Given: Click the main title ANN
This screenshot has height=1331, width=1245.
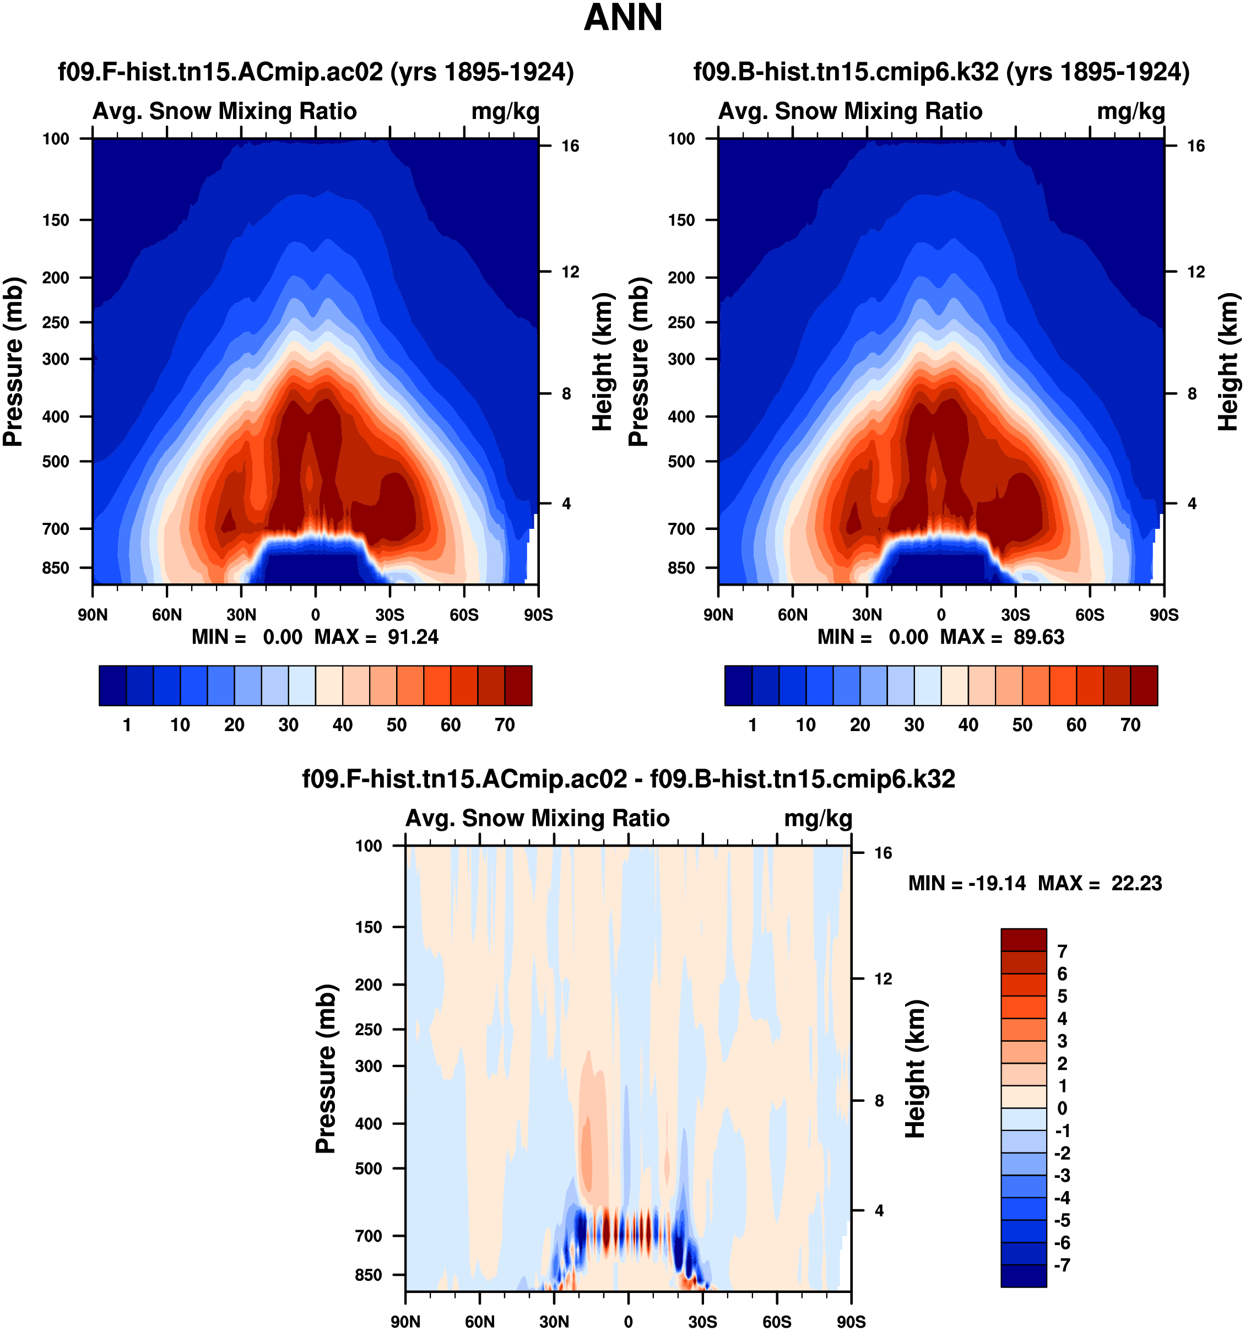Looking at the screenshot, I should click(622, 18).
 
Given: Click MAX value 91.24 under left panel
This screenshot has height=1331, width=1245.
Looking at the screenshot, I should click(413, 637).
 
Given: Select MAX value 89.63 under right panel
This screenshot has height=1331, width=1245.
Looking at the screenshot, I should click(1038, 637).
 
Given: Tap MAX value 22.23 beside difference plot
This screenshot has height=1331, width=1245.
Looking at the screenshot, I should click(1136, 884).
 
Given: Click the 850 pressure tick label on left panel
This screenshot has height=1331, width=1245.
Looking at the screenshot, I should click(56, 568).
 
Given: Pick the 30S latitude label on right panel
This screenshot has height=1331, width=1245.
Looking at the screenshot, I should click(1015, 615).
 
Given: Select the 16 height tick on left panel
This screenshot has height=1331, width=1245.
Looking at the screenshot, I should click(570, 146).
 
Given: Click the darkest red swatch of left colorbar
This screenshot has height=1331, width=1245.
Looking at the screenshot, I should click(518, 685).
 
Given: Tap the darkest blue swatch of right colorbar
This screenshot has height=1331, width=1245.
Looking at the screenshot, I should click(738, 685).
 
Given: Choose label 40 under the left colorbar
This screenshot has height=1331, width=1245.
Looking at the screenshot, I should click(343, 725).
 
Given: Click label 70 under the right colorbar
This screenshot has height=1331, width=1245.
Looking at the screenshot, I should click(1130, 725).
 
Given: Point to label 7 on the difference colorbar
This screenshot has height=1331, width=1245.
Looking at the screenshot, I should click(1062, 951).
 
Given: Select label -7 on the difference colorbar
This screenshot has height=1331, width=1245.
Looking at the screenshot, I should click(1062, 1265).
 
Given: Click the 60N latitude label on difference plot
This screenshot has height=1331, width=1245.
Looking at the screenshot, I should click(480, 1322).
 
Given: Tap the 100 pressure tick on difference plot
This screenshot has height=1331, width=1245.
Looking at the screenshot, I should click(368, 846).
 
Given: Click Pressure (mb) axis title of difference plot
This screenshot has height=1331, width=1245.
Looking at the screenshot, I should click(326, 1069).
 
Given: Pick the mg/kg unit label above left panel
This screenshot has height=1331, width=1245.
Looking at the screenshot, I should click(505, 112).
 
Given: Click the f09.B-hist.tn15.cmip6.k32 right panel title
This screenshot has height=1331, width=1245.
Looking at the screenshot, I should click(941, 72).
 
